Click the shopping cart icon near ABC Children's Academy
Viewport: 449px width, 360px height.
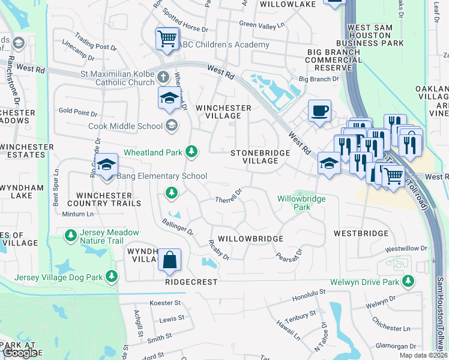[167, 39]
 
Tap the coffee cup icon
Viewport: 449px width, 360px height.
[320, 111]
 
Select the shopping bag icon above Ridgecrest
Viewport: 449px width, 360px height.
[170, 260]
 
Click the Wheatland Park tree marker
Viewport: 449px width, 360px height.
[191, 151]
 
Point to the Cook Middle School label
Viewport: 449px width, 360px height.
[125, 126]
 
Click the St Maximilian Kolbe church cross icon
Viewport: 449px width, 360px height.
[163, 77]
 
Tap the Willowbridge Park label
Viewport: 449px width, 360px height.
[299, 203]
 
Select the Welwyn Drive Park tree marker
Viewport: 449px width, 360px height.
[408, 281]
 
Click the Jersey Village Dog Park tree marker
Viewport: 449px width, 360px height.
[110, 276]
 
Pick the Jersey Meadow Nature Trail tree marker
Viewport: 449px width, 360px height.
[71, 233]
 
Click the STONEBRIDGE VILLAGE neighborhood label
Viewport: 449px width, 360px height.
[261, 157]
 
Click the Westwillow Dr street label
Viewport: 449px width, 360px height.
[406, 248]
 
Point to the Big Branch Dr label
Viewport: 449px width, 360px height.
[319, 79]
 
